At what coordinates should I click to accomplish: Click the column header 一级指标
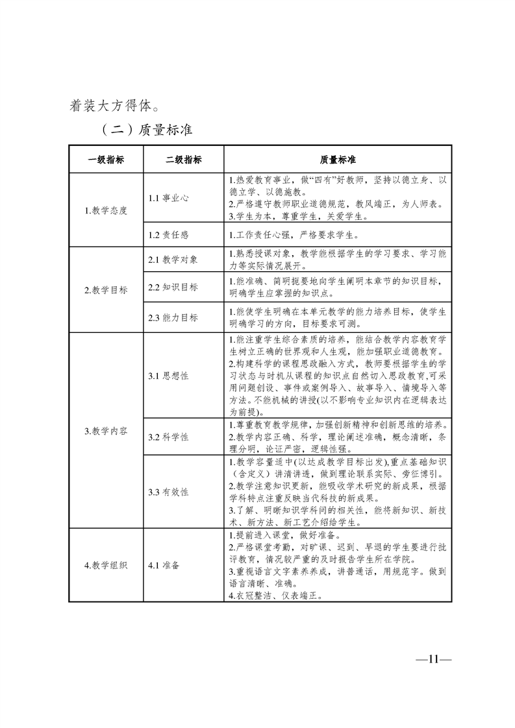(x=106, y=160)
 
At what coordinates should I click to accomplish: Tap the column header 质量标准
(x=338, y=160)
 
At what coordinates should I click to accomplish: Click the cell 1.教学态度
(x=106, y=210)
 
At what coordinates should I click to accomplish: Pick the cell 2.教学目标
(x=106, y=290)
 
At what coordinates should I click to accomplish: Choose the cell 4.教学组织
(x=106, y=565)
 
